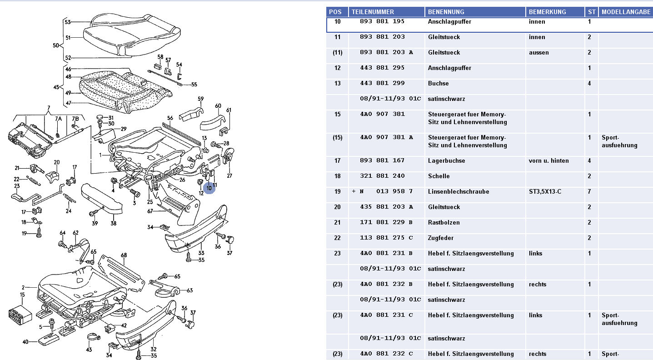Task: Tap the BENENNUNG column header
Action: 446,12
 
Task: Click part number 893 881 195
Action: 382,22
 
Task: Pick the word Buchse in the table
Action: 438,84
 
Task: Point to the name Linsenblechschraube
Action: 459,192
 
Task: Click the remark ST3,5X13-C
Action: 545,192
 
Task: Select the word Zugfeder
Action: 441,238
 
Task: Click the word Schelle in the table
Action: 439,176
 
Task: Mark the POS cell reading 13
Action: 337,84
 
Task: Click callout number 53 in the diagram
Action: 68,22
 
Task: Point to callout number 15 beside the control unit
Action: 22,295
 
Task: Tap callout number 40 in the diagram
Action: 25,342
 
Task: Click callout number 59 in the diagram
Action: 200,99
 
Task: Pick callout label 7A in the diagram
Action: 58,119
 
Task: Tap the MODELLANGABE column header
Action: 626,12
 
